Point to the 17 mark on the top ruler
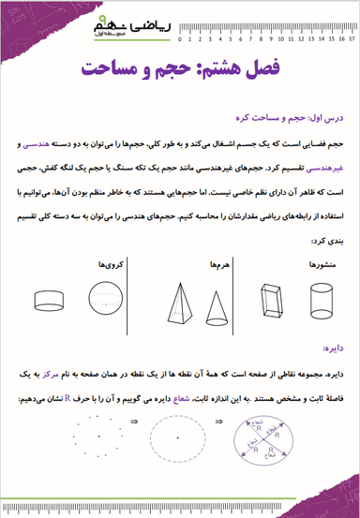click(352, 40)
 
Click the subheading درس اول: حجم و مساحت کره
click(298, 119)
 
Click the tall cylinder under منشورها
click(319, 300)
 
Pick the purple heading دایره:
click(336, 347)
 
